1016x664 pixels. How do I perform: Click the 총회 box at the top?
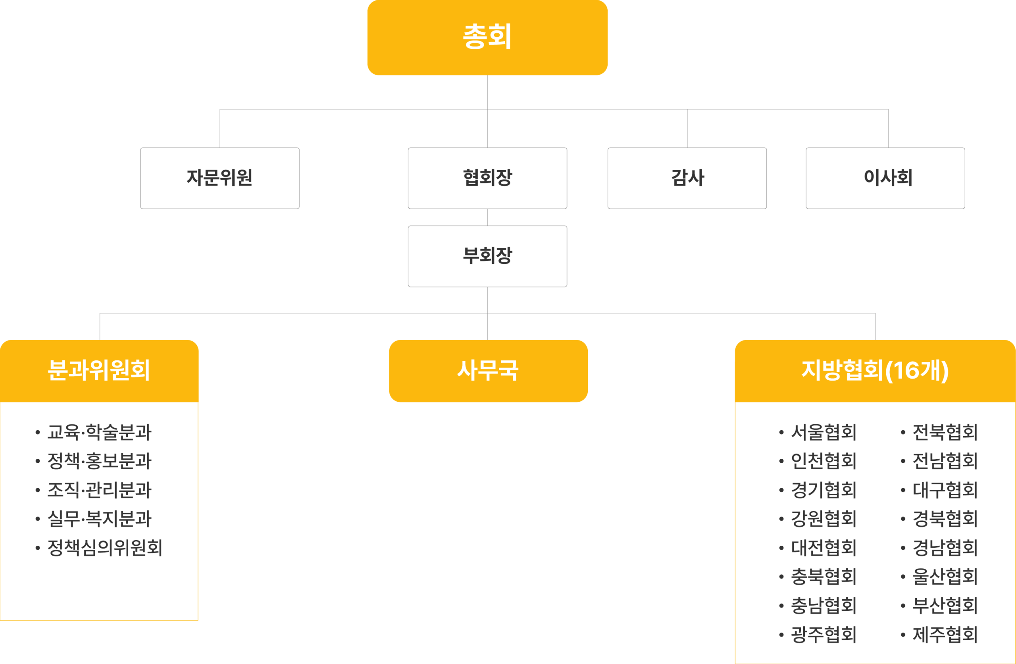(x=487, y=38)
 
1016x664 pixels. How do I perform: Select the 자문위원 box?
(x=219, y=178)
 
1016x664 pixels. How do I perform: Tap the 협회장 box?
(x=487, y=178)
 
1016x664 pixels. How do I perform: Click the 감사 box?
(x=687, y=178)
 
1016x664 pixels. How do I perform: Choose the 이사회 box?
(x=885, y=178)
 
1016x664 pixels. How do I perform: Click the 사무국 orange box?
(x=488, y=371)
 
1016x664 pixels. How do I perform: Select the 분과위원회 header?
(x=99, y=371)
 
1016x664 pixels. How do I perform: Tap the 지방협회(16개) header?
(x=875, y=371)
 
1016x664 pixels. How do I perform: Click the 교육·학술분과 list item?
(x=99, y=432)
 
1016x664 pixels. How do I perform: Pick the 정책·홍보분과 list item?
(x=99, y=461)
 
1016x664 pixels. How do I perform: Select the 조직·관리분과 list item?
(x=99, y=490)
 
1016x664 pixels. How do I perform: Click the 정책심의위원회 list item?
(x=105, y=548)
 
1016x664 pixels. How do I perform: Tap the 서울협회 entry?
(x=824, y=432)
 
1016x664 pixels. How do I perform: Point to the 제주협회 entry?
(x=945, y=635)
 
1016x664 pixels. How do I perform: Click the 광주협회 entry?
(x=824, y=635)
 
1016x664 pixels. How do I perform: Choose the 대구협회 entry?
(x=945, y=490)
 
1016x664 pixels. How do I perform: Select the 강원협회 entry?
(x=824, y=519)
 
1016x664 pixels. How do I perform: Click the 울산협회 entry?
(x=945, y=577)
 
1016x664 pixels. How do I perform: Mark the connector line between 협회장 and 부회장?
(x=487, y=217)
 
